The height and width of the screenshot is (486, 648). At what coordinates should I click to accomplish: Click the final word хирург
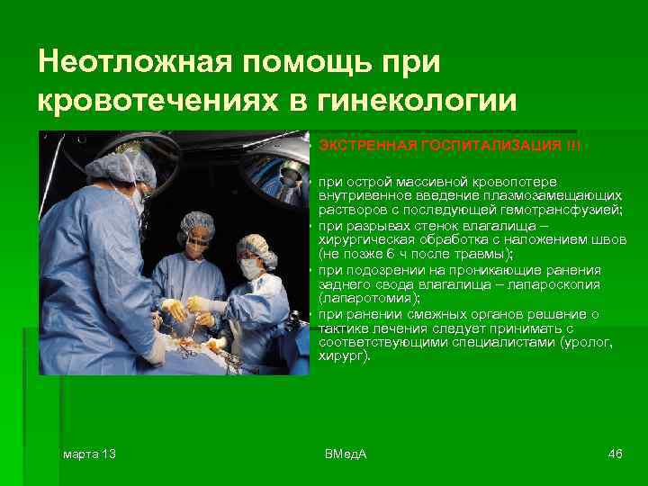[342, 356]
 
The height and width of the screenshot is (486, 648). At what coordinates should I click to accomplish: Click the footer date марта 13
[89, 453]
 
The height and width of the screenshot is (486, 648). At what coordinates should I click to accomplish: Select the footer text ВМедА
[346, 453]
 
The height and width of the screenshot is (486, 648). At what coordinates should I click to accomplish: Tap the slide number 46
[616, 453]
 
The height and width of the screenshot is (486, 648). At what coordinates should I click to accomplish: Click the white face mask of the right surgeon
[250, 266]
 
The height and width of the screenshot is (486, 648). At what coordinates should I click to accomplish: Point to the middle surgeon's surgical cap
[195, 220]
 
